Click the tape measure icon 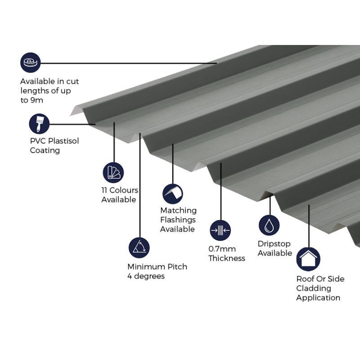point(30,63)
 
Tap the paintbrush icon point(39,124)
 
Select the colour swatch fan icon point(113,172)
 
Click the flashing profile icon point(172,194)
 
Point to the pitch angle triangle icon point(139,247)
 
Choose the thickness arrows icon point(220,230)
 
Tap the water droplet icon point(269,225)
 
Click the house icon point(308,259)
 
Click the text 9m point(37,100)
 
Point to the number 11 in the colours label point(106,190)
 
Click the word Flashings point(178,220)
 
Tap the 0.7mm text point(222,249)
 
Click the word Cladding point(313,288)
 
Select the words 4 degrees point(146,276)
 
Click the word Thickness point(227,258)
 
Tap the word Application point(318,297)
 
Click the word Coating point(45,150)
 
